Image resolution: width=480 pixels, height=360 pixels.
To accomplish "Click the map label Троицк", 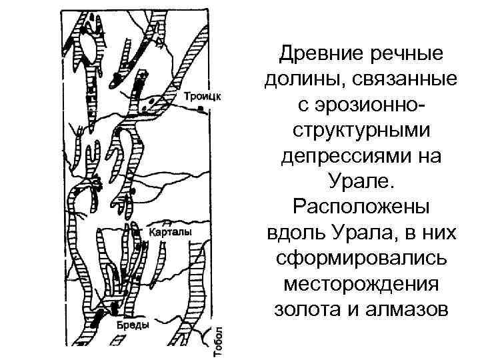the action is click(203, 95).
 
